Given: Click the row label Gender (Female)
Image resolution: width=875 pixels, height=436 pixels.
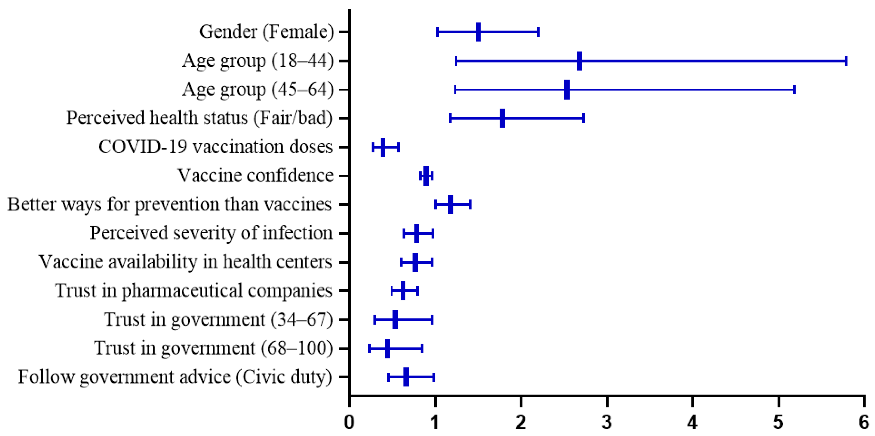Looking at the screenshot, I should pos(266,32).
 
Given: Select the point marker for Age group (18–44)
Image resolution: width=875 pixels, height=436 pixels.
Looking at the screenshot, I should pos(579,61).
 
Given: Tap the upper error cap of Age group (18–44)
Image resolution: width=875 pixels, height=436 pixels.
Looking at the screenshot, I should pos(846,61).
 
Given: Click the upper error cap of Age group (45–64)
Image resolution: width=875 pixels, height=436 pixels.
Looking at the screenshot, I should pos(794,90).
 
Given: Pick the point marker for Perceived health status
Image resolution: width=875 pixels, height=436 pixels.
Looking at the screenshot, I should pos(502,118).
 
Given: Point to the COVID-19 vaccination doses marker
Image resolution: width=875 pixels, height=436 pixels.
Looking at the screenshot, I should pos(383,147).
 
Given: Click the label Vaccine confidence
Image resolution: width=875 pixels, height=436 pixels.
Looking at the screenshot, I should pos(256,176).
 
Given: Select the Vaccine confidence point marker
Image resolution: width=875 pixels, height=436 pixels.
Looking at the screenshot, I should pos(426,176).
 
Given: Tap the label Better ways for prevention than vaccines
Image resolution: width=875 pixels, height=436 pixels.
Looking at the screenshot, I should pos(169,205).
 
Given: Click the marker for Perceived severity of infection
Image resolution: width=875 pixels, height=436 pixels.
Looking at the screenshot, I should pos(416,233).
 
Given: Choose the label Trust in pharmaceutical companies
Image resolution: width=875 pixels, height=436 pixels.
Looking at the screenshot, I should pos(193,291).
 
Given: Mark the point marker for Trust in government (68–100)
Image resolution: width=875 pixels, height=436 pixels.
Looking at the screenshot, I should pos(387,348).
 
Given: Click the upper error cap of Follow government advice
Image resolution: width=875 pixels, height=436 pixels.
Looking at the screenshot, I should pos(434,377).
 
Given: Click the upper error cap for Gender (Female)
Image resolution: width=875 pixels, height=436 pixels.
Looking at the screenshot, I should pos(538,32).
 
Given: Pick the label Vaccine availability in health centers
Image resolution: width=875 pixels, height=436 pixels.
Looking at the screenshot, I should pos(185,262).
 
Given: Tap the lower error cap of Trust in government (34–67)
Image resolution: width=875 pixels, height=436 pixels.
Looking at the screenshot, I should pos(375,320).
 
